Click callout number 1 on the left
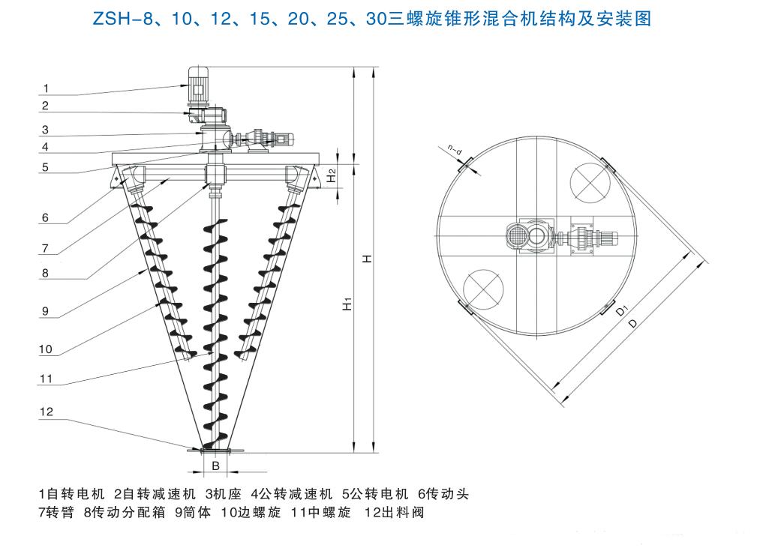pyautogui.click(x=44, y=88)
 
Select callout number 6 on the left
pyautogui.click(x=45, y=219)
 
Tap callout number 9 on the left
pyautogui.click(x=45, y=308)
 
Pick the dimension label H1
pyautogui.click(x=347, y=304)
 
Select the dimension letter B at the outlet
pyautogui.click(x=215, y=466)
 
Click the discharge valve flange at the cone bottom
pyautogui.click(x=215, y=450)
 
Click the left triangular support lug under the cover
pyautogui.click(x=119, y=178)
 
